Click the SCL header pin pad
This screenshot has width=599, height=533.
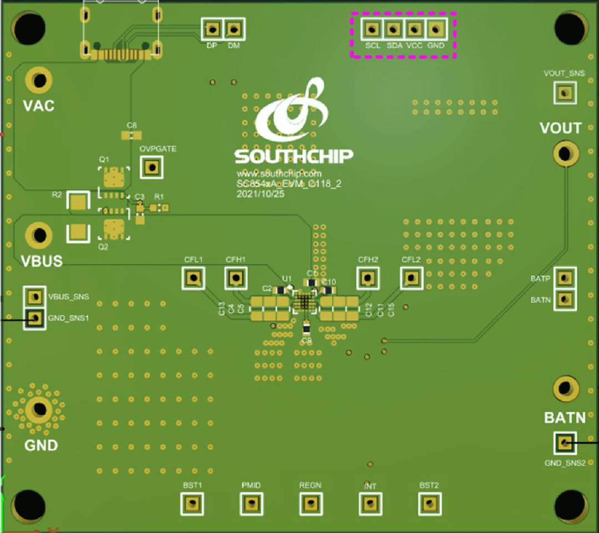tap(372, 28)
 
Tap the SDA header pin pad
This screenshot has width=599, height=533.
tap(393, 28)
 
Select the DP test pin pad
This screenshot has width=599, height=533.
tap(211, 29)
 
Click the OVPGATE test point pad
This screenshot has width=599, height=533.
tap(151, 167)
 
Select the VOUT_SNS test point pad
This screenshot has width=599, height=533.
tap(565, 93)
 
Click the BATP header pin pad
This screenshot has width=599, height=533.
tap(565, 278)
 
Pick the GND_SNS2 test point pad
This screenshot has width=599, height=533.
tap(565, 443)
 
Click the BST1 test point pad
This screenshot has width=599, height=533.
tap(192, 504)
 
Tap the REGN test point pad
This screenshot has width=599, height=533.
tap(311, 504)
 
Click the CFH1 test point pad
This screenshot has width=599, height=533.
tap(236, 278)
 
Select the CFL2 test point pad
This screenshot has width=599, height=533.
tap(411, 278)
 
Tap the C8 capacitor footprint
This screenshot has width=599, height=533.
tap(131, 135)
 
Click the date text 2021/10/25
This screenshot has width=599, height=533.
tap(261, 194)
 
